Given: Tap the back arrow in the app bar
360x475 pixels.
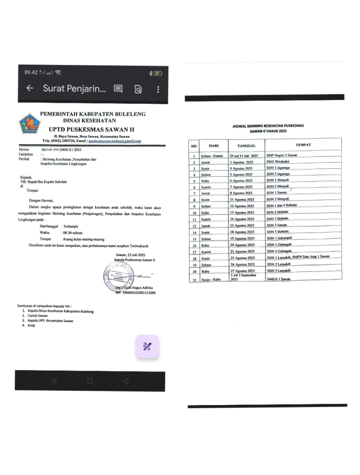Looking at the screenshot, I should point(30,88).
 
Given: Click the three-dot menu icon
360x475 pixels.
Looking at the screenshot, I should point(158,89).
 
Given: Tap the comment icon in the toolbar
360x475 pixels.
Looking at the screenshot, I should point(118,89).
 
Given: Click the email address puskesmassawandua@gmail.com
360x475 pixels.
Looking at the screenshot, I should point(115,141).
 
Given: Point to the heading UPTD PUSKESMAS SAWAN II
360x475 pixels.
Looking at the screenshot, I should point(91,129).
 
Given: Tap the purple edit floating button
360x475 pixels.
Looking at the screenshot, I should point(147,346).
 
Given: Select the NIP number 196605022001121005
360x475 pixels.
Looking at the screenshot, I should point(139,293).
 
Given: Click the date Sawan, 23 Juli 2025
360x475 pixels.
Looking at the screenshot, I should point(130,255).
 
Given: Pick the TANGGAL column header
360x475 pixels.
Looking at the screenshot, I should point(246,146).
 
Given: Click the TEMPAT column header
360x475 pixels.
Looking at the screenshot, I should point(303,145).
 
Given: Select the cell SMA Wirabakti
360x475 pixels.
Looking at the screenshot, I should point(277,161).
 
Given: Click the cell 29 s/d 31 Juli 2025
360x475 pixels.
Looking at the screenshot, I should point(244,156).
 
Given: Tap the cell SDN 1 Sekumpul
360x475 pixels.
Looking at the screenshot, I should point(279,238).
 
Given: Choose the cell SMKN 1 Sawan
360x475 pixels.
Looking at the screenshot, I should point(278,279).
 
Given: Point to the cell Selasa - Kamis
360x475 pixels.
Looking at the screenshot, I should point(212,156).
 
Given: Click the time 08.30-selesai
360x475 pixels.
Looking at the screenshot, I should point(73,233).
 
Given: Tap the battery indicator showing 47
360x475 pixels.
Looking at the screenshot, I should point(158,73).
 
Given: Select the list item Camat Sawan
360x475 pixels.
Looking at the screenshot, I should point(37,316).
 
